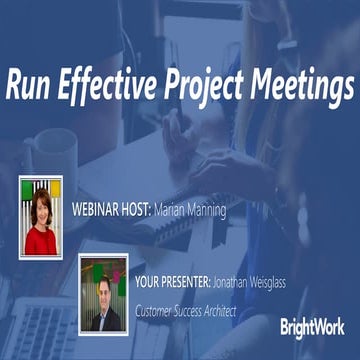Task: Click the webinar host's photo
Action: click(x=41, y=214)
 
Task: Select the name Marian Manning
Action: click(x=190, y=212)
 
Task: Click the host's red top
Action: click(x=41, y=241)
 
